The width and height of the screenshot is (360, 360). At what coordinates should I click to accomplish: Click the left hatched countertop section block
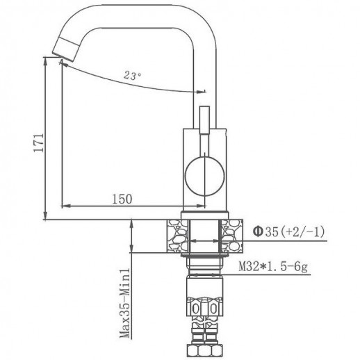pyautogui.click(x=178, y=234)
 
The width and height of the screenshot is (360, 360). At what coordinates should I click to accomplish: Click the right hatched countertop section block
pyautogui.click(x=231, y=234)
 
